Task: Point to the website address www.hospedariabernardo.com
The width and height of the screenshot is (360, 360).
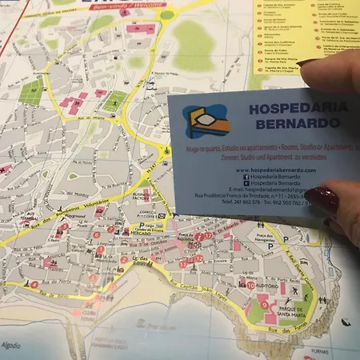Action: (x=276, y=170)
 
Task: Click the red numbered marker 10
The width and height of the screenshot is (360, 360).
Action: (x=250, y=285)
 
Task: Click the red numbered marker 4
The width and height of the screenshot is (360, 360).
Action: (x=34, y=284)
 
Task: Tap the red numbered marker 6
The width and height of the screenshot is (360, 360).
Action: (x=97, y=234)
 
